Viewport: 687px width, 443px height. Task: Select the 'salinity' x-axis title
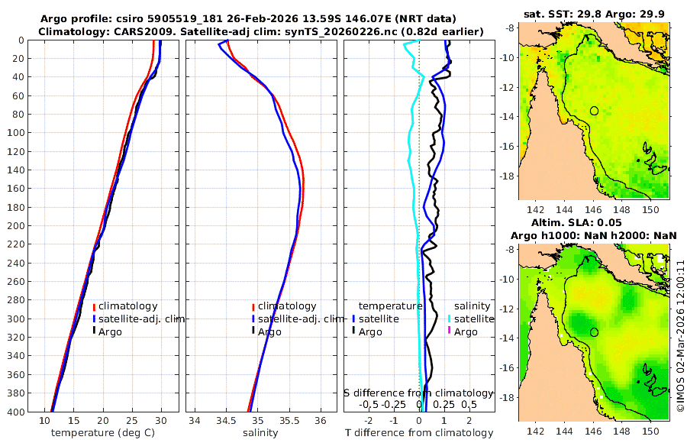(x=260, y=433)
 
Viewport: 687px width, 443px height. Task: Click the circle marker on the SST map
(x=594, y=111)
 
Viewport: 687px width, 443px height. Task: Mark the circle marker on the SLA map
(x=594, y=332)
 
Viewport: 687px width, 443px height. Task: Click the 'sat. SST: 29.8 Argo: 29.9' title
(x=594, y=13)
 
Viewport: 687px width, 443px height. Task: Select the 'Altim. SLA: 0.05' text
(x=594, y=222)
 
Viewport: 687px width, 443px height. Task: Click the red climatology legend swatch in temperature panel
(x=94, y=307)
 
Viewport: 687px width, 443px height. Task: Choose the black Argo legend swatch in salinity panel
(x=253, y=331)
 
